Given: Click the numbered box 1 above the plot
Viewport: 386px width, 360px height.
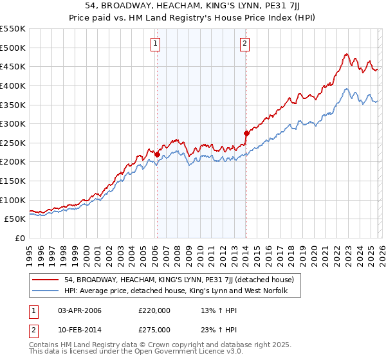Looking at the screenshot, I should [156, 44].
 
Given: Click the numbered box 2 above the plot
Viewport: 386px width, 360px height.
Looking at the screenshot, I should [245, 44].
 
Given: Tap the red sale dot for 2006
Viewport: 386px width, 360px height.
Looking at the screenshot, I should [157, 154].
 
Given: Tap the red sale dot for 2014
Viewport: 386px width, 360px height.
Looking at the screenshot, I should [246, 134].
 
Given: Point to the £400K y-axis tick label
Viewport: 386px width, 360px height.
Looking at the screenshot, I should [13, 85].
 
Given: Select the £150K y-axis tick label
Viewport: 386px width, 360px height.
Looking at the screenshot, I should [13, 181].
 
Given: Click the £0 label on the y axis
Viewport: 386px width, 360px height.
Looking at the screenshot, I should [21, 238].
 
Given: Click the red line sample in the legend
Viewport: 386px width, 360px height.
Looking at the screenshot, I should [46, 280].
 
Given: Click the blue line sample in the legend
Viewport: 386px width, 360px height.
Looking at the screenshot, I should [46, 292].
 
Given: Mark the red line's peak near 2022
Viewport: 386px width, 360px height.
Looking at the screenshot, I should [346, 54].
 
